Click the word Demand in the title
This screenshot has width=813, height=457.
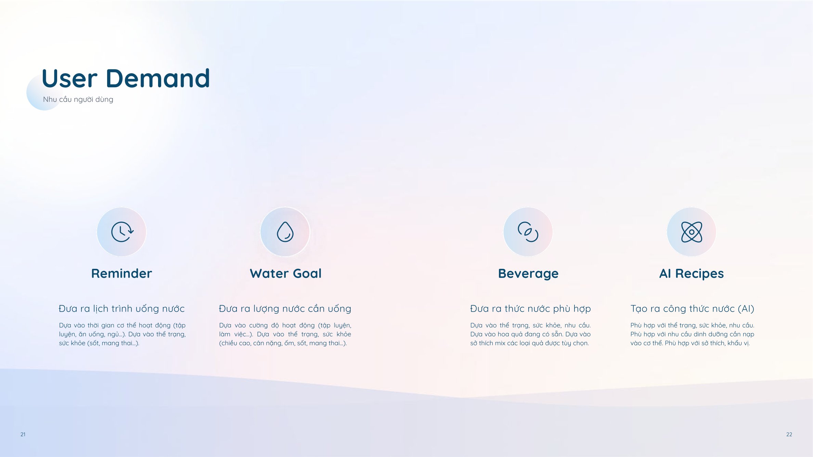coord(158,78)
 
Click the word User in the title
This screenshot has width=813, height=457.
coord(69,78)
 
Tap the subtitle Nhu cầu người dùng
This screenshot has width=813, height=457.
coord(78,100)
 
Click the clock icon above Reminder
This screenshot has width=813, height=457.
coord(122,232)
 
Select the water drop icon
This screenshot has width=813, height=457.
coord(285,232)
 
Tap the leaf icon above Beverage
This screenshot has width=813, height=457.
coord(528,232)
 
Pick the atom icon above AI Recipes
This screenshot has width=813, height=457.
coord(692,232)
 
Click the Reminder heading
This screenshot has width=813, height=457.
coord(121,274)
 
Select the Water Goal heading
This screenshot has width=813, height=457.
coord(286,274)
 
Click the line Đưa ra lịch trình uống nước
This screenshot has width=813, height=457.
coord(122,309)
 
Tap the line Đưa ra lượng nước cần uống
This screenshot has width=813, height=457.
coord(285,309)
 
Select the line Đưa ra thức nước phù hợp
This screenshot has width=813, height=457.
coord(530,309)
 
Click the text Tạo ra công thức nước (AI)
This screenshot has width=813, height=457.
coord(692,309)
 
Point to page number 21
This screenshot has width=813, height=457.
coord(23,434)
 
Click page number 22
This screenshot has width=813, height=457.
coord(789,434)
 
